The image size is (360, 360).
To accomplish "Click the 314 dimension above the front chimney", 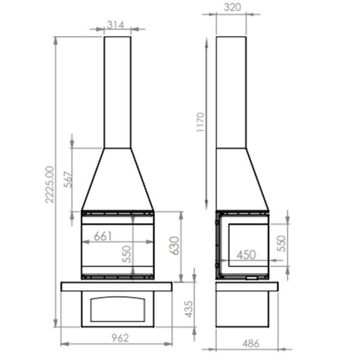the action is pyautogui.click(x=115, y=25).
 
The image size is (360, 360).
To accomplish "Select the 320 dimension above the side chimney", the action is pyautogui.click(x=232, y=7).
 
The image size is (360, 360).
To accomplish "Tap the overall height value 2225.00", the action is pyautogui.click(x=50, y=185).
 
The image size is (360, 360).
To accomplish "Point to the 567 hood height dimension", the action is pyautogui.click(x=68, y=179).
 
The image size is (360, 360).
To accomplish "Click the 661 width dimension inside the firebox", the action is pyautogui.click(x=103, y=236).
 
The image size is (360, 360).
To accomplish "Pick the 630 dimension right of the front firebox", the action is pyautogui.click(x=174, y=245).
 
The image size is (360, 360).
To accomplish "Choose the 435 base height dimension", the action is pyautogui.click(x=189, y=309).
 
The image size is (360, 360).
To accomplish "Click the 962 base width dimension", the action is pyautogui.click(x=121, y=338).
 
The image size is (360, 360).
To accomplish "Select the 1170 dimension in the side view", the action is pyautogui.click(x=200, y=122).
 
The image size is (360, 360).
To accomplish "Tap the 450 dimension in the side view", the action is pyautogui.click(x=246, y=254).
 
